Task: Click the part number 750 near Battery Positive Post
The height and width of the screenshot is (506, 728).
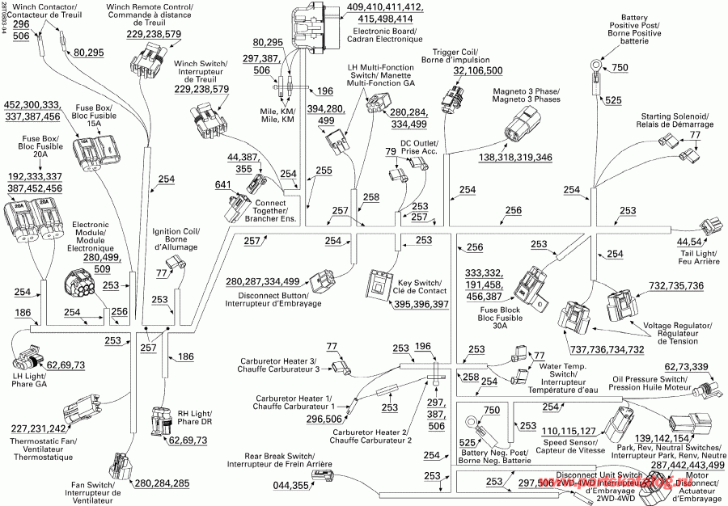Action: tap(619, 68)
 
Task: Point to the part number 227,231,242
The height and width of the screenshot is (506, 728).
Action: tap(38, 428)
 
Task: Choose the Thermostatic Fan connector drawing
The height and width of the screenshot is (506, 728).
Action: tap(78, 410)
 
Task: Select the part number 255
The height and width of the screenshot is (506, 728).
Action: tap(324, 171)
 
